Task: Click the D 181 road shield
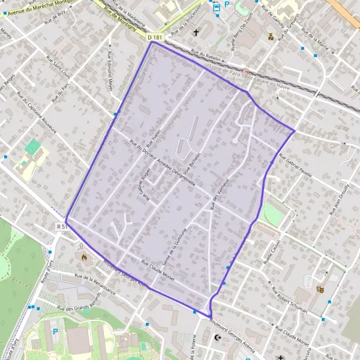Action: pos(155,37)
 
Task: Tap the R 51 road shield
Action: pos(61,227)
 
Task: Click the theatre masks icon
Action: pos(320,289)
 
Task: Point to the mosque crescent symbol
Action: pos(218,338)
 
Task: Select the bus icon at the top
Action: pos(217,8)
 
